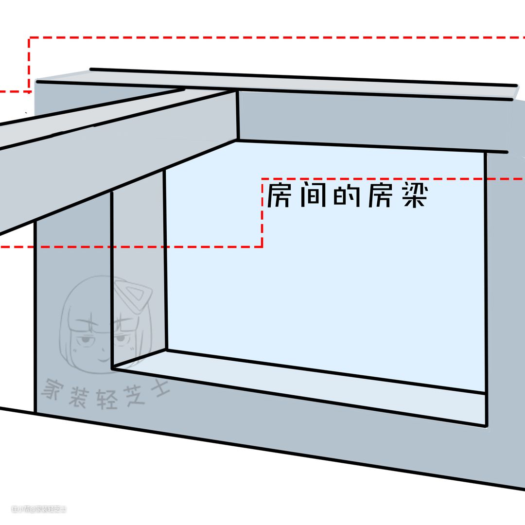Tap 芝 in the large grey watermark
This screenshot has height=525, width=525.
click(131, 396)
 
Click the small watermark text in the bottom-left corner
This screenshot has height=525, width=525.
click(39, 509)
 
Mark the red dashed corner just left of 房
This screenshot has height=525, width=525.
click(262, 179)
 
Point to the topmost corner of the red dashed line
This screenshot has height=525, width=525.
click(30, 38)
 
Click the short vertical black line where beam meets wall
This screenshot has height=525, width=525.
click(238, 115)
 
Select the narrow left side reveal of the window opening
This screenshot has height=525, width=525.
click(139, 272)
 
